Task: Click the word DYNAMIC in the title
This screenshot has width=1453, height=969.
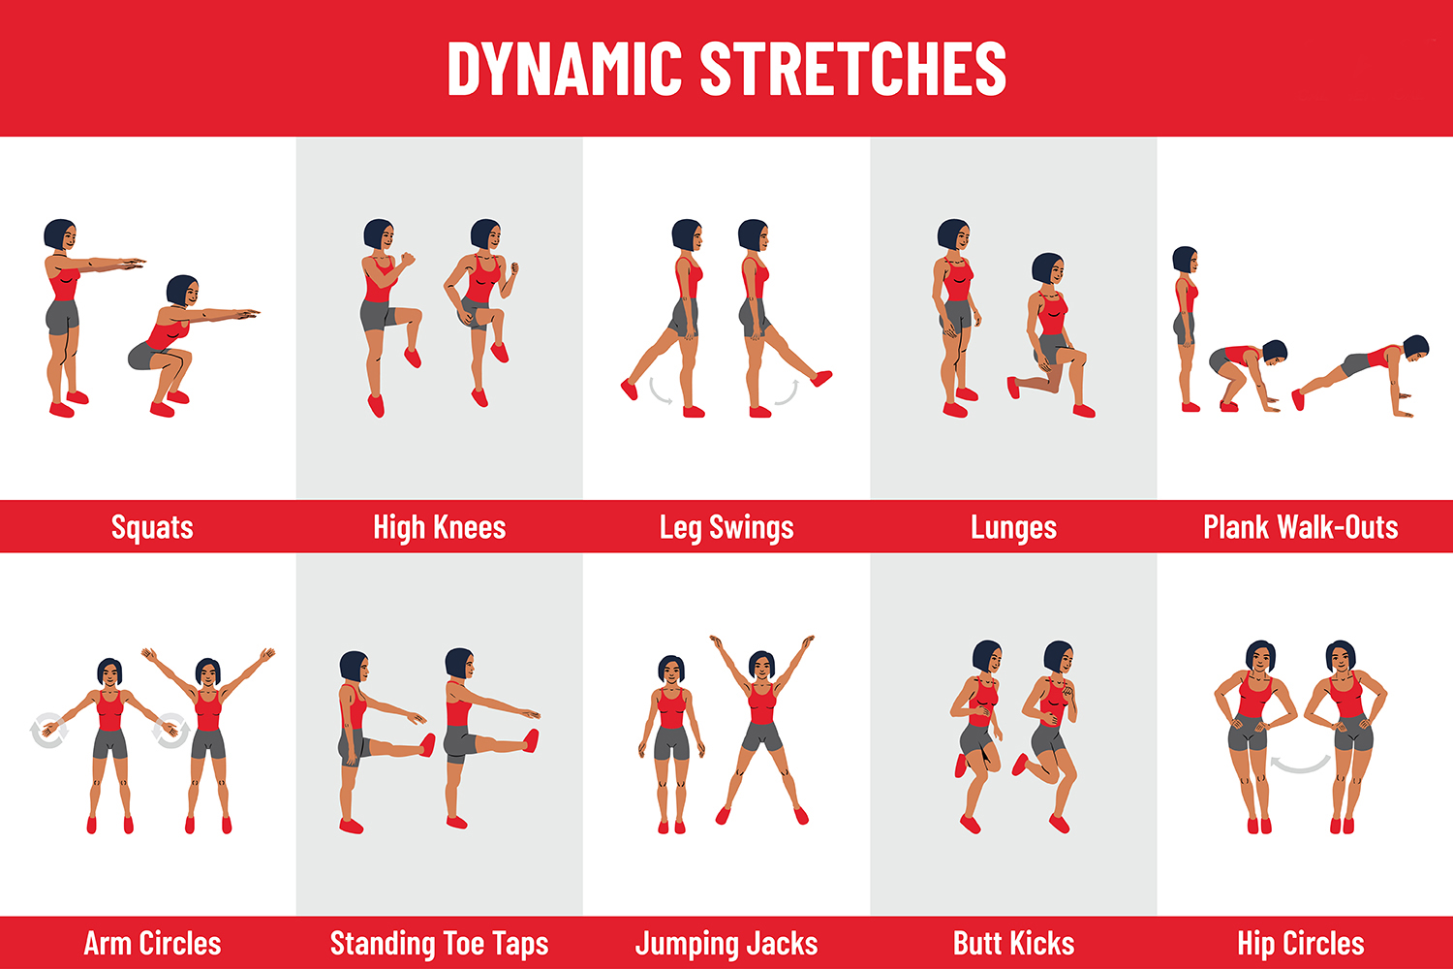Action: tap(565, 68)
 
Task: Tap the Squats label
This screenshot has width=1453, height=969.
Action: tap(152, 527)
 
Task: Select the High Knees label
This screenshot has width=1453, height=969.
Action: tap(440, 527)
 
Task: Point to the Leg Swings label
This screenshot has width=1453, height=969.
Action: tap(726, 527)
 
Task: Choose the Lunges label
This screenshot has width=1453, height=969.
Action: tap(1014, 527)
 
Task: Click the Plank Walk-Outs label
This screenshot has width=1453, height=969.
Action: tap(1301, 526)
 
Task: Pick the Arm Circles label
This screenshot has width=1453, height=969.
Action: tap(152, 943)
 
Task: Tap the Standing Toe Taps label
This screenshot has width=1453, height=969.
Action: tap(440, 944)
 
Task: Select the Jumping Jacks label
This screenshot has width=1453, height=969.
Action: tap(726, 944)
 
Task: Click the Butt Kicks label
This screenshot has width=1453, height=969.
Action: tap(1014, 943)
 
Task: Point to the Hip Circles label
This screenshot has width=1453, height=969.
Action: tap(1301, 944)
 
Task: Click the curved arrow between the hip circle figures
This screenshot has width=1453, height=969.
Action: tap(1300, 768)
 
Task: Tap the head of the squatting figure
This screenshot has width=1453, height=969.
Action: tap(182, 291)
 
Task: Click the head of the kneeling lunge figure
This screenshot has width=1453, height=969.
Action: tap(1047, 268)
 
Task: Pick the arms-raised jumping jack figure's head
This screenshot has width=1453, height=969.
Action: tap(761, 666)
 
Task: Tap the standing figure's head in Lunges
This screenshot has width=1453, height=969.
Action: tap(953, 234)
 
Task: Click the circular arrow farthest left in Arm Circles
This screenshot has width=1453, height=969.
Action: tap(49, 731)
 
